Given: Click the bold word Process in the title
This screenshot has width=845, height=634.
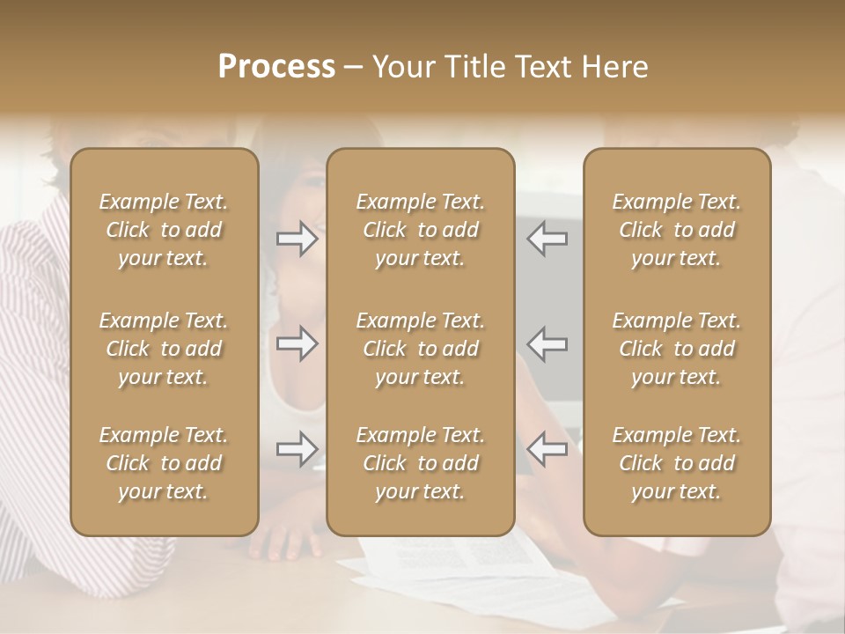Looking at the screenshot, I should [x=276, y=67].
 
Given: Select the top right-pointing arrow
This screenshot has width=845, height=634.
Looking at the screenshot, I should [x=298, y=239].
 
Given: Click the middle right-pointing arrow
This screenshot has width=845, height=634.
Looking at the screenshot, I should [x=298, y=343].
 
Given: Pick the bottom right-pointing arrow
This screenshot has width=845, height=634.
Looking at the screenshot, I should [x=298, y=448].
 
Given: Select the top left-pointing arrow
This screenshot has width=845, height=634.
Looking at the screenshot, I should [x=547, y=239].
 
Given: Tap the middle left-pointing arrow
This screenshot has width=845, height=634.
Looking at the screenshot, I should [x=547, y=343].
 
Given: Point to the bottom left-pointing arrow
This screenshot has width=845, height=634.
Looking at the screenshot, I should [x=547, y=448].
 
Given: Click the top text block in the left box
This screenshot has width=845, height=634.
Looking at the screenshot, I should [x=164, y=230].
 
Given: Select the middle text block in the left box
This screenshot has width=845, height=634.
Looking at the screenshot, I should [x=164, y=349].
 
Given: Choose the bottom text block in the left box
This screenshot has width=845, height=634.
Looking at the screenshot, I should [x=164, y=463].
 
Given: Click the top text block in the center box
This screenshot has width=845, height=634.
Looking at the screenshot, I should [x=420, y=230].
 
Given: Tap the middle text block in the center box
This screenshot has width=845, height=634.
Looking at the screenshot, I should [x=420, y=349].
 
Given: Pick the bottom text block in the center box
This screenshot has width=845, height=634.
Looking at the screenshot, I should [x=420, y=463].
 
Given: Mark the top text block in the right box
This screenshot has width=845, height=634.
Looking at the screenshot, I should [x=676, y=230].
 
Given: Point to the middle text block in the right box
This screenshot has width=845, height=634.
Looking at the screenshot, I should [x=676, y=349].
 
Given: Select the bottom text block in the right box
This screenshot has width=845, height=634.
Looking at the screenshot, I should [x=676, y=463].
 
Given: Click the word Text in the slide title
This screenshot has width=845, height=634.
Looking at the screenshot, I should [x=541, y=67].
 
